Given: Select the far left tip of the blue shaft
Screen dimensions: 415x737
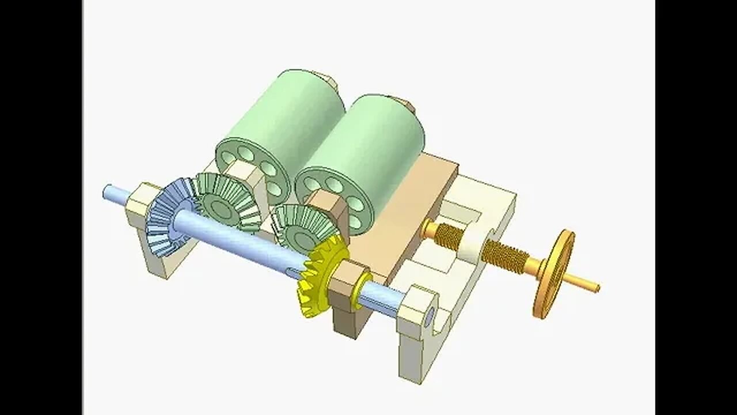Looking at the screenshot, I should pyautogui.click(x=107, y=190).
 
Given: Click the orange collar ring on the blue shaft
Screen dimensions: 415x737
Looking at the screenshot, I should pyautogui.click(x=363, y=288).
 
